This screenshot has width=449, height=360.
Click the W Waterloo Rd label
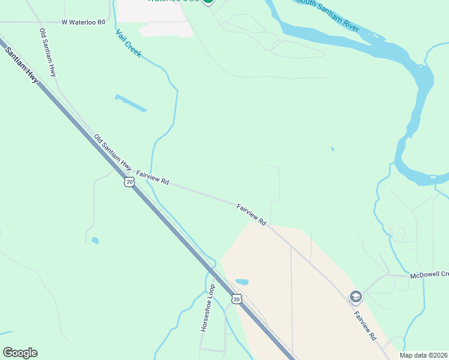pos(83,22)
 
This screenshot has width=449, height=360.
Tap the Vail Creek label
pos(128,44)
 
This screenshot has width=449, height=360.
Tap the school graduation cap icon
pos(356,296)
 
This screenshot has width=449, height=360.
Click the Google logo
pos(20,353)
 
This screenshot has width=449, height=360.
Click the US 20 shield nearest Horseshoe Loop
pos(237,298)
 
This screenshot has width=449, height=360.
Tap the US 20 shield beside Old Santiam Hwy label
pos(129,181)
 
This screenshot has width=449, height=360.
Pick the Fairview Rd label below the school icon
pos(364,326)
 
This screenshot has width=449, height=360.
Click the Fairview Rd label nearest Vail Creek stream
pos(152,177)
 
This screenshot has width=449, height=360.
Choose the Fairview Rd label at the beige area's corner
pos(252,214)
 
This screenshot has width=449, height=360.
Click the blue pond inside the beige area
pos(242,281)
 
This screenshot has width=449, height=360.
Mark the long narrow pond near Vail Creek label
pos(130,103)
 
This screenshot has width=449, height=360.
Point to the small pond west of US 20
pos(95,241)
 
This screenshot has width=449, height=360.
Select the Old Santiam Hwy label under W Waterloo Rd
pos(47,52)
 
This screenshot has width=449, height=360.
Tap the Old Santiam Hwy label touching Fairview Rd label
pos(112,152)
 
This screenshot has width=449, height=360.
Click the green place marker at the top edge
pos(208,2)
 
